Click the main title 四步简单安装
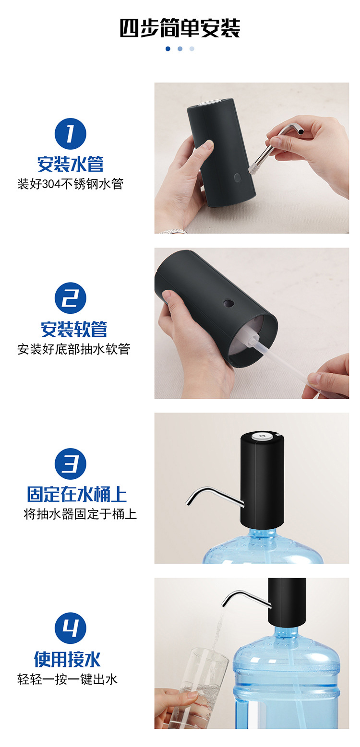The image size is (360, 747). pos(180,28)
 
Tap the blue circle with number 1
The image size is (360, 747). pos(71,134)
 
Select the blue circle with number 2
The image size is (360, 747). pos(71,298)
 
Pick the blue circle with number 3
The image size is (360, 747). pos(71,464)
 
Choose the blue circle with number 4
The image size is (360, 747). pos(71,628)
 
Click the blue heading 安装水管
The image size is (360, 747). pos(71,164)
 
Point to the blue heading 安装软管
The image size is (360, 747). pos(74,329)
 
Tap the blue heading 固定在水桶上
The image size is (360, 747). pos(77,494)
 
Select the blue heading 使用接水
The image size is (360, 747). pos(67,659)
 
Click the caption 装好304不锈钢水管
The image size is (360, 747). pos(71,184)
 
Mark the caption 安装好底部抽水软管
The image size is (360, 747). pos(74,349)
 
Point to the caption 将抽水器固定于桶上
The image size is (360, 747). pos(80,514)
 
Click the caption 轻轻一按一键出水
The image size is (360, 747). pos(67,679)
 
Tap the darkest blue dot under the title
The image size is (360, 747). pos(168,48)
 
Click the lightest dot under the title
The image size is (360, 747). pos(192,48)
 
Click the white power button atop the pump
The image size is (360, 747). pos(262,436)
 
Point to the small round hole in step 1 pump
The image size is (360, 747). pos(237,177)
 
